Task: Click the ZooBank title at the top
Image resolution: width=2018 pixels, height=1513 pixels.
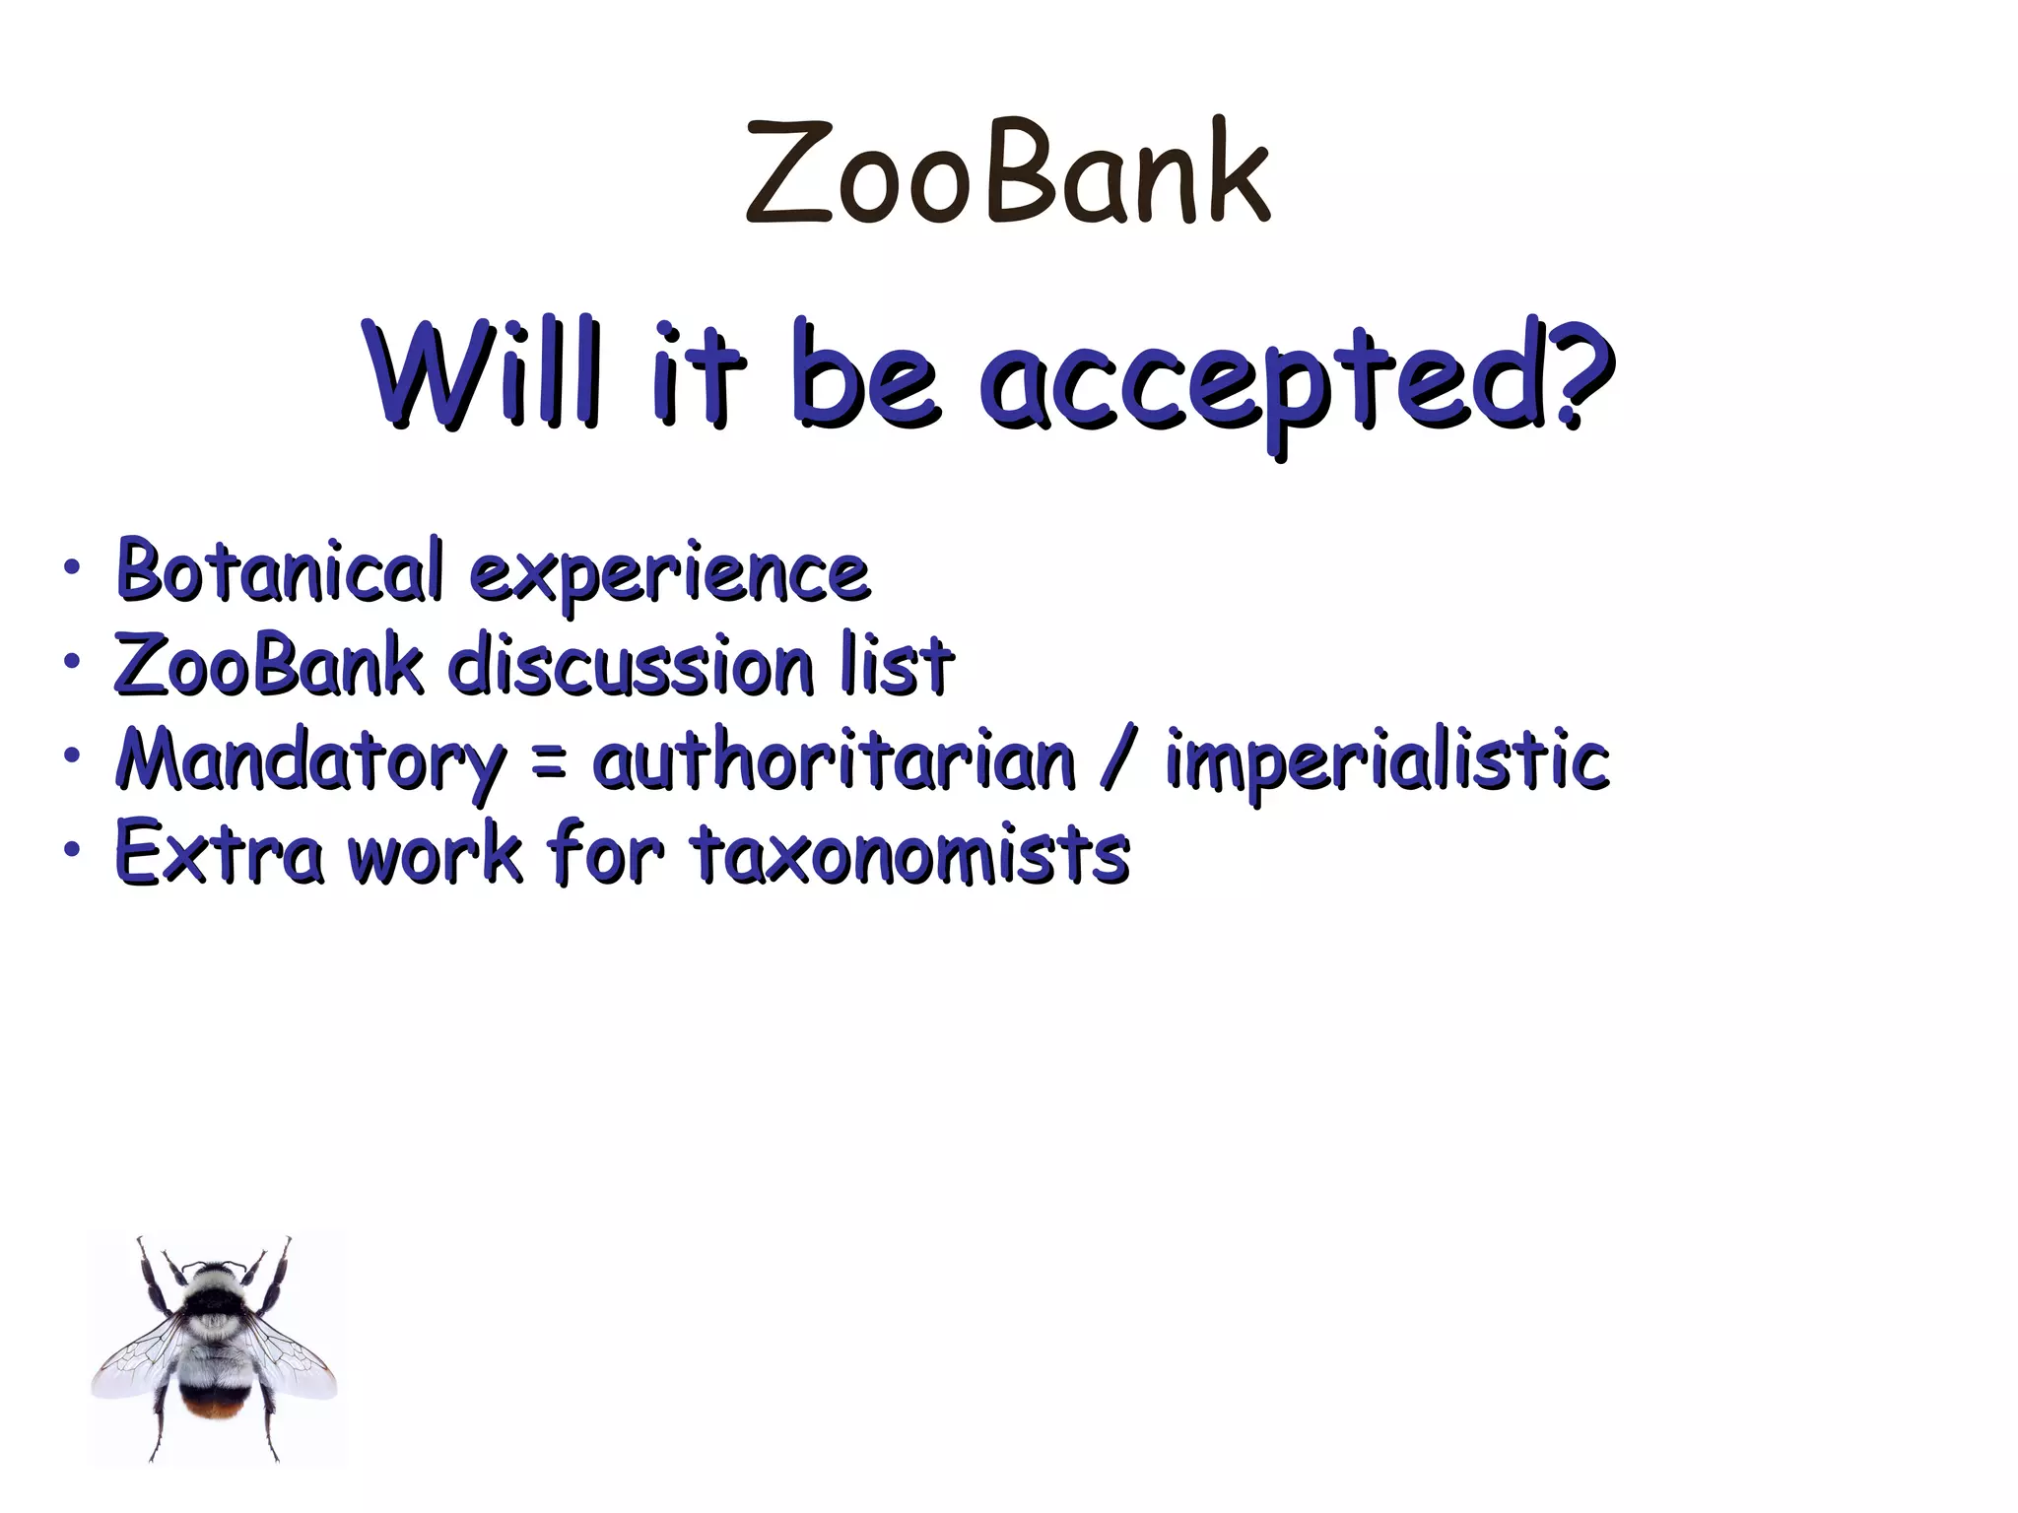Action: click(x=1007, y=172)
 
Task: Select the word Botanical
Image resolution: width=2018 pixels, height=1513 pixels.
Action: click(x=280, y=570)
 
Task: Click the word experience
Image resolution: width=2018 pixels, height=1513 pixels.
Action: click(x=669, y=574)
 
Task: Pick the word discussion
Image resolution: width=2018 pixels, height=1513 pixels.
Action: click(x=631, y=665)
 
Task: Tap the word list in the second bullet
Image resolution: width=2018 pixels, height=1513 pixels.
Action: click(x=897, y=665)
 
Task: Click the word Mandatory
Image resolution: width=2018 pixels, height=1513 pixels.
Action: click(x=309, y=761)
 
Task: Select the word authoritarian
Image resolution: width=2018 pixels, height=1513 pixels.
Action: click(x=834, y=760)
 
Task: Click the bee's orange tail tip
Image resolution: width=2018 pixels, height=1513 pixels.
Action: click(x=216, y=1407)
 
